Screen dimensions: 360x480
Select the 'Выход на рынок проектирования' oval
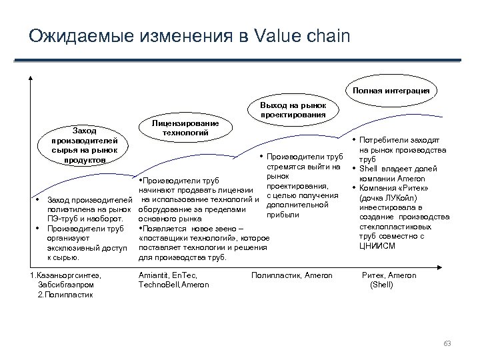click(293, 110)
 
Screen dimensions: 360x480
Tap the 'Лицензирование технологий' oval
click(181, 128)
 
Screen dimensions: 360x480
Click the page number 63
click(447, 343)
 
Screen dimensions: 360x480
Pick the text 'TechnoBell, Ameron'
click(173, 285)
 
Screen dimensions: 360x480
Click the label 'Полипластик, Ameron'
click(291, 275)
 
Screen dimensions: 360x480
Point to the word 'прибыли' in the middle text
click(281, 215)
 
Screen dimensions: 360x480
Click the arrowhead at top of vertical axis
click(31, 77)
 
